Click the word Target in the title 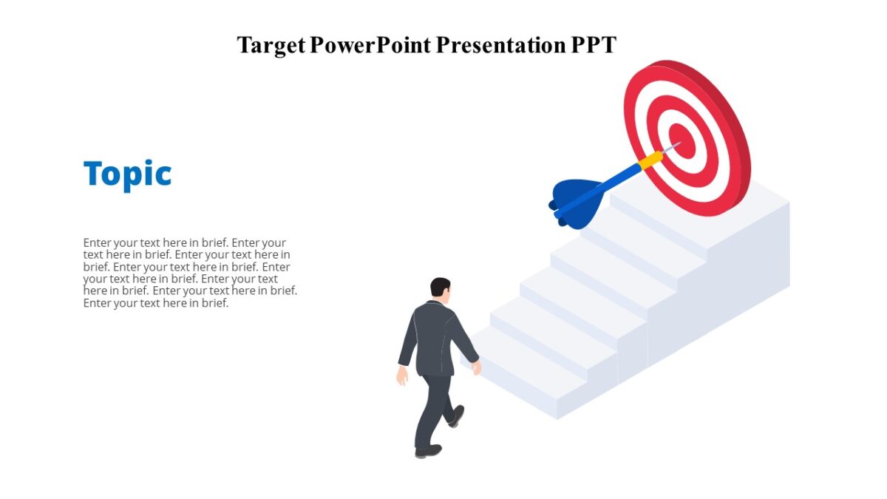(271, 45)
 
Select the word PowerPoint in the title (370, 45)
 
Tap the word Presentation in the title (500, 45)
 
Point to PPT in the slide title (594, 45)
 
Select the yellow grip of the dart (650, 160)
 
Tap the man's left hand (402, 376)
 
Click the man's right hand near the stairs (477, 367)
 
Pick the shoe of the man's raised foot (457, 416)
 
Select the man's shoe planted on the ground (428, 450)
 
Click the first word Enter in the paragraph (98, 242)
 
